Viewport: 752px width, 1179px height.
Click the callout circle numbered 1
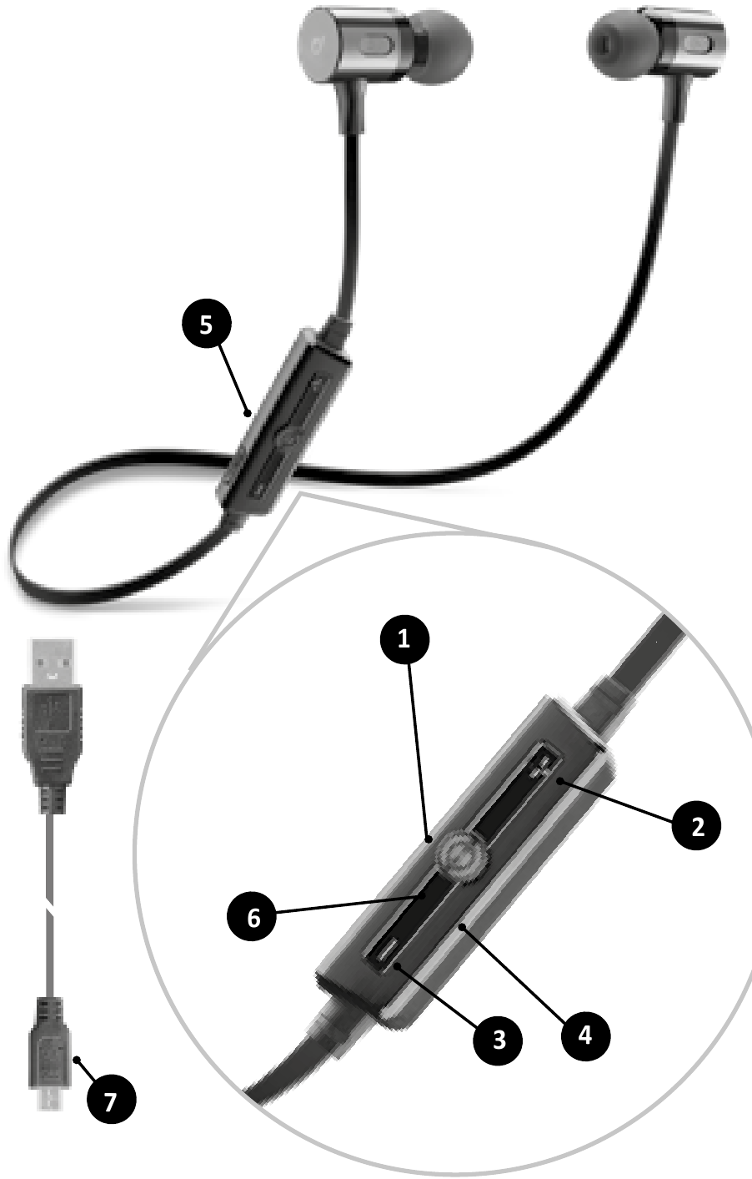[x=404, y=639]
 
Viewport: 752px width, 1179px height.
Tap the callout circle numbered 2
[x=696, y=825]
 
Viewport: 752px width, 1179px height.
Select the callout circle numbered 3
[x=498, y=1040]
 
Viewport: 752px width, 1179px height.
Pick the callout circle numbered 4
[x=585, y=1035]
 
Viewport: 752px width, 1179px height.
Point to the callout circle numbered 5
[x=207, y=324]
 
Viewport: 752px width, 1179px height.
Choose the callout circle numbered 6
[x=253, y=918]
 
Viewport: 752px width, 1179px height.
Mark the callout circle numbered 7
[x=112, y=1100]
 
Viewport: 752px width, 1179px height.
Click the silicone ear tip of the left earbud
[x=443, y=48]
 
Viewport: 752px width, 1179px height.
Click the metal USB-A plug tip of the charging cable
[x=52, y=663]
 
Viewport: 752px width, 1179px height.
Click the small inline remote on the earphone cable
[x=284, y=422]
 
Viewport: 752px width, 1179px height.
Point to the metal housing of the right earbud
[x=683, y=42]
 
